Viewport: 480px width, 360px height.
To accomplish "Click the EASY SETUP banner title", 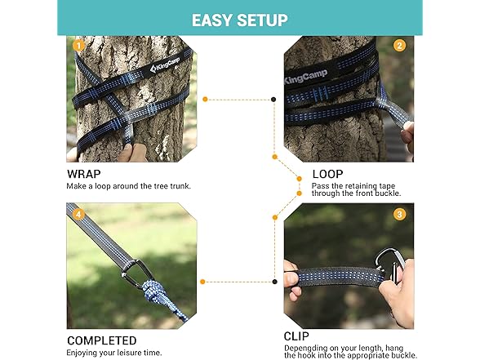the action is click(x=240, y=20).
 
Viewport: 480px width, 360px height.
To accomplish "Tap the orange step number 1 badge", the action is click(x=78, y=46).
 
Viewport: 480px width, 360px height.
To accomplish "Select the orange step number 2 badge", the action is click(x=399, y=46).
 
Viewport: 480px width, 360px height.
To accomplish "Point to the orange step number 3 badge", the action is click(x=399, y=214).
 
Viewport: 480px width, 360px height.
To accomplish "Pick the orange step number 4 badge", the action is click(x=78, y=214).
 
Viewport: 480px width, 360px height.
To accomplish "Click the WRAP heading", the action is click(x=84, y=174).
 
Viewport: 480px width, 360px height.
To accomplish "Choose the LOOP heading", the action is click(x=327, y=174).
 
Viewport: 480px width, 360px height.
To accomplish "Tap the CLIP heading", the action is click(x=296, y=336).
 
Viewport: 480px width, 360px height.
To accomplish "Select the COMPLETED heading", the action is click(x=101, y=340).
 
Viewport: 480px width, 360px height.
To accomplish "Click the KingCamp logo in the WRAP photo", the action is click(x=165, y=64).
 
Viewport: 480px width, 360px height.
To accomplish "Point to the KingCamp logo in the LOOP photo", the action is click(x=305, y=77).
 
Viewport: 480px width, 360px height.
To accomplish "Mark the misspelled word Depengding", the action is click(x=305, y=349).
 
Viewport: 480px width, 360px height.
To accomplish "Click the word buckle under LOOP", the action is click(x=388, y=193).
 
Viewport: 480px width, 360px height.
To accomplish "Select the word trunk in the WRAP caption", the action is click(x=180, y=186).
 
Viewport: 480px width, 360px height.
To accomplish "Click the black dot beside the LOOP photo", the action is click(x=273, y=100).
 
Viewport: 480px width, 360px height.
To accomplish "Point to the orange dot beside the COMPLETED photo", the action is click(x=202, y=282).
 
